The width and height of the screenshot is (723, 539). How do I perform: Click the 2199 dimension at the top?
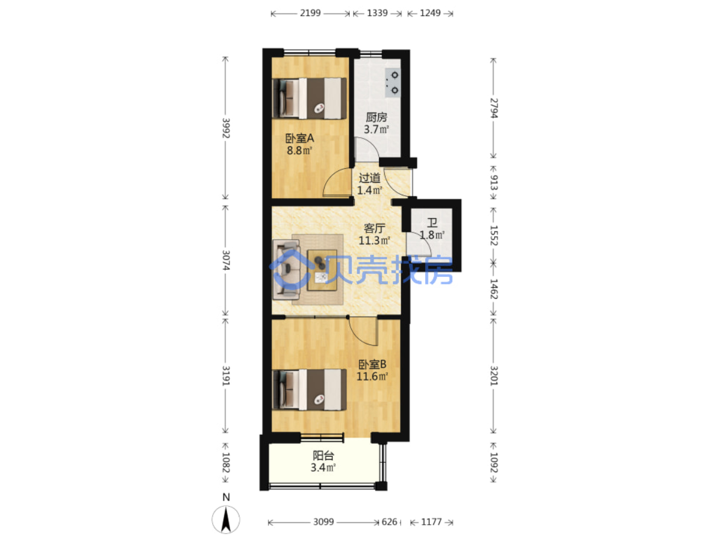pos(310,13)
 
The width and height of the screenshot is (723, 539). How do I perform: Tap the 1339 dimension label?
pos(377,13)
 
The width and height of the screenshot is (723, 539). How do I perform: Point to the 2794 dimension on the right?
pos(494,108)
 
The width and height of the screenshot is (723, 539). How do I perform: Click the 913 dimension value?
pos(494,183)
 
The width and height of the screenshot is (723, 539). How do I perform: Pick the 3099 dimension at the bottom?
pos(323,522)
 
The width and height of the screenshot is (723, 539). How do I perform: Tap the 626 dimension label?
pos(389,522)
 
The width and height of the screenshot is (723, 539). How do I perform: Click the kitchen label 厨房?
pos(376,117)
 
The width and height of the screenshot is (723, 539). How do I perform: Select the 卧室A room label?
pos(300,138)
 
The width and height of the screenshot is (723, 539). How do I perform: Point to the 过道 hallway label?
pos(369,178)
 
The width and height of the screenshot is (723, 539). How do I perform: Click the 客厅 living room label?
pos(375,228)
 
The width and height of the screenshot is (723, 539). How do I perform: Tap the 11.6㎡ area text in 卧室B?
pos(372,376)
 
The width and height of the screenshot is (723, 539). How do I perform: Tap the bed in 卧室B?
pos(309,389)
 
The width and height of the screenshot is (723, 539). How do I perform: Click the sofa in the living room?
pos(286,270)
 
